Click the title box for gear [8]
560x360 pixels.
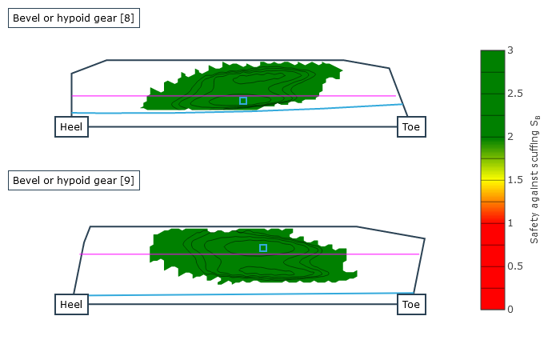pyautogui.click(x=74, y=18)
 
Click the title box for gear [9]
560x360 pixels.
pyautogui.click(x=74, y=180)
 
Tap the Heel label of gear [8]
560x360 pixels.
pyautogui.click(x=71, y=126)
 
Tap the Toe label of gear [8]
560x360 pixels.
pyautogui.click(x=411, y=126)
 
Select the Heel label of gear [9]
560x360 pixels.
pyautogui.click(x=71, y=304)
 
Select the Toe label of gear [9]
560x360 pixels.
pyautogui.click(x=411, y=304)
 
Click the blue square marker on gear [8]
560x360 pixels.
pyautogui.click(x=243, y=101)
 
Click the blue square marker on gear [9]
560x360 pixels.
pyautogui.click(x=263, y=248)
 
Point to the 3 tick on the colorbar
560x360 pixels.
pyautogui.click(x=510, y=50)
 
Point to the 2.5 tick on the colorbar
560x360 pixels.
pyautogui.click(x=515, y=94)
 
